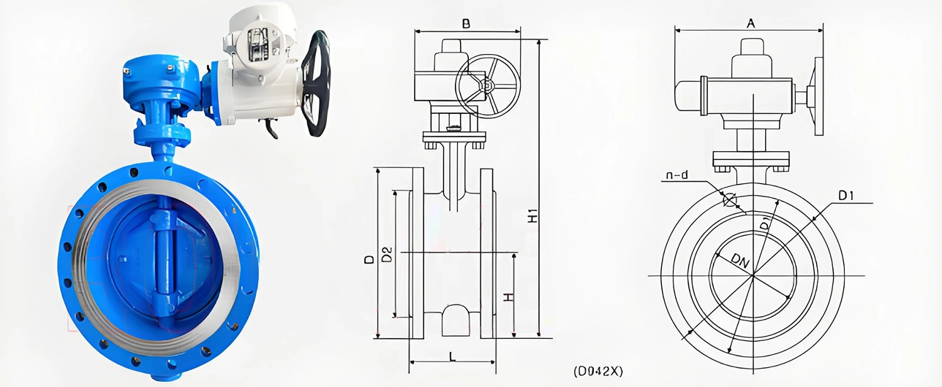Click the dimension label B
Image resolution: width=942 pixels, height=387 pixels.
(466, 23)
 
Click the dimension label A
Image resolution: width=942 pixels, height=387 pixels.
(750, 23)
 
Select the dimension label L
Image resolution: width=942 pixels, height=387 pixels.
(453, 357)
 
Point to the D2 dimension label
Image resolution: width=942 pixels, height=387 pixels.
(387, 254)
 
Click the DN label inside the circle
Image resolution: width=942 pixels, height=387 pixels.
(740, 261)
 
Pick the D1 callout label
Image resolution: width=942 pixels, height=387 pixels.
(845, 196)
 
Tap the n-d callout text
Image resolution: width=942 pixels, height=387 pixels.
(677, 175)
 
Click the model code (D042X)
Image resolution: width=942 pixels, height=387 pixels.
(598, 371)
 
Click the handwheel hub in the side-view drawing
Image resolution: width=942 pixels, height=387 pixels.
(488, 87)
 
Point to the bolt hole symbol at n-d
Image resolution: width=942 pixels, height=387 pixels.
(729, 199)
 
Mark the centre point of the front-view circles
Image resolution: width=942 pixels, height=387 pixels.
(753, 275)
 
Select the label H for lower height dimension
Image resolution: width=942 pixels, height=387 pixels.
(508, 297)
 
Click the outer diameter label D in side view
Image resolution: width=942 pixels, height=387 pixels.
(369, 259)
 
